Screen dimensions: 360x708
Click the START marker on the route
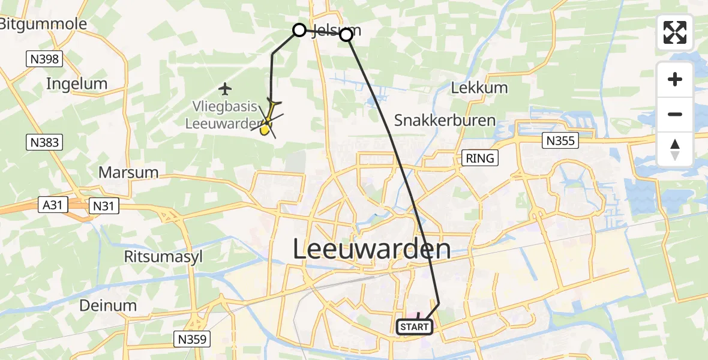[414, 327]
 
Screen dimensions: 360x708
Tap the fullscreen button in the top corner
[675, 32]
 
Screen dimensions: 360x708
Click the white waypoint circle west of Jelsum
[299, 30]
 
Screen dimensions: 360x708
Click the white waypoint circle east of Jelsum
[346, 35]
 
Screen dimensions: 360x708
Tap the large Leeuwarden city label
[371, 249]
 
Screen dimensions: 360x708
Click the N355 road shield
[560, 141]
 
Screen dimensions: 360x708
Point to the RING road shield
[481, 158]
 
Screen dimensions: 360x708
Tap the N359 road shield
[193, 339]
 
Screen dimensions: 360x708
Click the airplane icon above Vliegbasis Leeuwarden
[225, 89]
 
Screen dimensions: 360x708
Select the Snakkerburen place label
[445, 120]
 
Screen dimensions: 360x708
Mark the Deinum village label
[109, 305]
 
